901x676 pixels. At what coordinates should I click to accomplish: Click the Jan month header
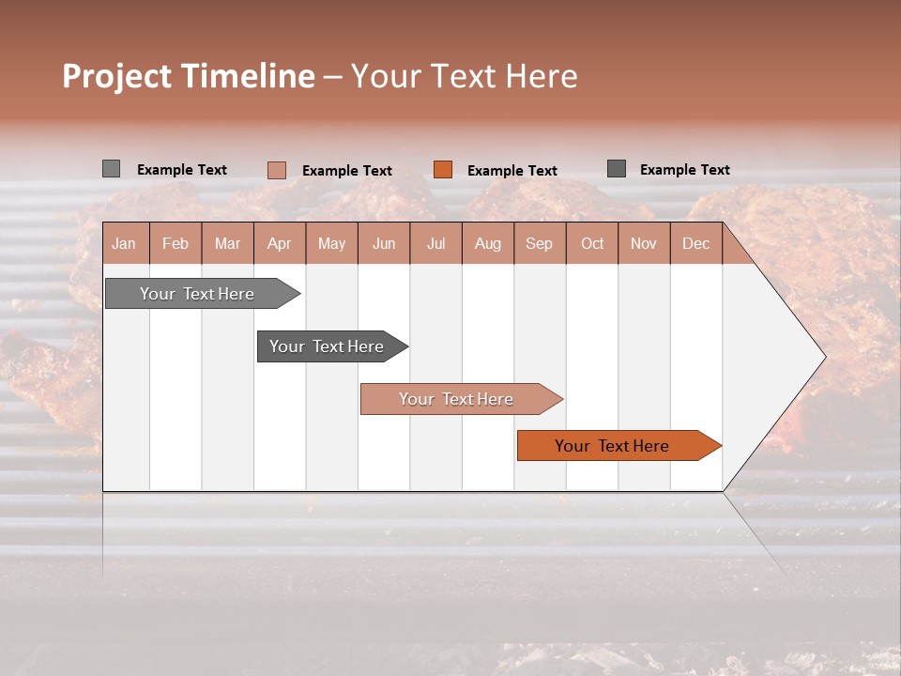coord(124,243)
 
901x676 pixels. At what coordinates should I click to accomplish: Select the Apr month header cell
coord(280,243)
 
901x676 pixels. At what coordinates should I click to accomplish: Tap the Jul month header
coord(435,243)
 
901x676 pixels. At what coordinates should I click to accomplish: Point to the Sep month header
coord(539,243)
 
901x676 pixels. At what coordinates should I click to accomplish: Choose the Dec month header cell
coord(695,243)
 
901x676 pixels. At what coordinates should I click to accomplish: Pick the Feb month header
coord(176,243)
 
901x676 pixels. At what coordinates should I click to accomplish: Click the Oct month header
coord(591,243)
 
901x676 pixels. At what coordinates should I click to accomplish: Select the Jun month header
coord(384,243)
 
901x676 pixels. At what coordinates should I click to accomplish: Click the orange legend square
coord(443,170)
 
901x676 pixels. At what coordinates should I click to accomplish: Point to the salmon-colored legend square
coord(277,170)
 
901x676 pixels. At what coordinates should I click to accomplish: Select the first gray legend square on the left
coord(111,169)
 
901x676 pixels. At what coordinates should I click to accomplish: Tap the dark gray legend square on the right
coord(617,169)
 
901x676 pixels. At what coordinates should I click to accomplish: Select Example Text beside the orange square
coord(512,171)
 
